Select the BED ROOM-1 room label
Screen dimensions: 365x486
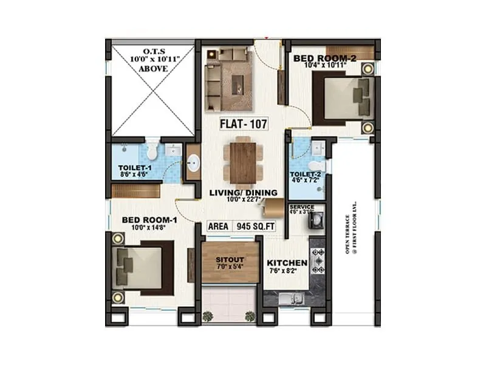pos(149,220)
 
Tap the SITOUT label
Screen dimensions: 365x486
pos(230,259)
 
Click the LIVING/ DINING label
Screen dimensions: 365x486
pos(243,193)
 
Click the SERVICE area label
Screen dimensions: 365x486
pos(302,207)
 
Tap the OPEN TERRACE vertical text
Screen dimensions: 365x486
pos(352,228)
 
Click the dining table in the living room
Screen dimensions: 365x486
pos(243,161)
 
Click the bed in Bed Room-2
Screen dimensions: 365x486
pos(343,97)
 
